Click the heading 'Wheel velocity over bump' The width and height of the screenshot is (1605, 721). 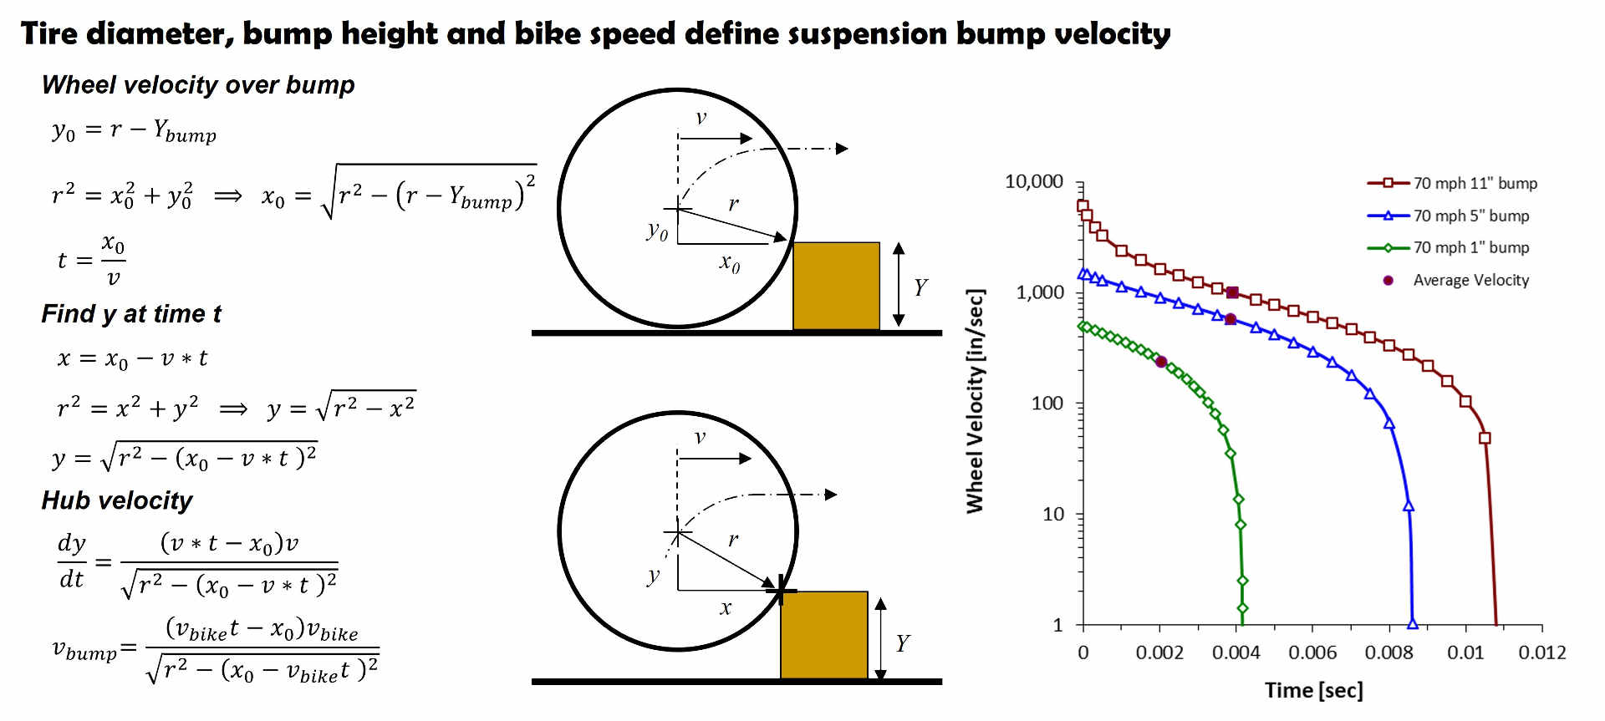click(x=198, y=85)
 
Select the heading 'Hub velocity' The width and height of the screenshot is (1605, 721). click(x=117, y=500)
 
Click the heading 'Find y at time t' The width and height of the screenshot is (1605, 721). click(x=131, y=314)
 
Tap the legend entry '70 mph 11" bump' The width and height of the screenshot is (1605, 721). click(x=1475, y=183)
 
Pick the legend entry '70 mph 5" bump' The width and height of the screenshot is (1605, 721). click(x=1470, y=216)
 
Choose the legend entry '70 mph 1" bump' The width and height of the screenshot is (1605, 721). click(x=1470, y=247)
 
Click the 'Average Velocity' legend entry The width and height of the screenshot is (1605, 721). click(x=1470, y=280)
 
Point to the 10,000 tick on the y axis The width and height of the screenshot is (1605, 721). click(x=1034, y=181)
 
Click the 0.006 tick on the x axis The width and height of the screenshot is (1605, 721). click(x=1312, y=652)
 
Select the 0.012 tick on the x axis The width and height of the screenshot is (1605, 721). click(x=1541, y=652)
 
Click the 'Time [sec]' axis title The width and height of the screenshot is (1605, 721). click(x=1313, y=690)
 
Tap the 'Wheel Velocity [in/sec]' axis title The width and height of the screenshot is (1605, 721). click(x=976, y=401)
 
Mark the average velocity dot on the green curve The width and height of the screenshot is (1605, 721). click(x=1161, y=362)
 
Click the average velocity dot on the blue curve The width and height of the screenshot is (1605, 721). click(x=1230, y=319)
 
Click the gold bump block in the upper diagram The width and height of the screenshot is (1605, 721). click(x=836, y=286)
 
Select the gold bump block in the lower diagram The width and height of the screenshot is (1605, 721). click(x=823, y=635)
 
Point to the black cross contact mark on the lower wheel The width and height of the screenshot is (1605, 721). click(x=781, y=591)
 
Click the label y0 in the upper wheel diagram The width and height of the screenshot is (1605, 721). click(x=658, y=231)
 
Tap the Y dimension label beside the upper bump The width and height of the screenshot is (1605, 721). click(x=920, y=287)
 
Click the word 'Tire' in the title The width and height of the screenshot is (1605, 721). click(x=48, y=33)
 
